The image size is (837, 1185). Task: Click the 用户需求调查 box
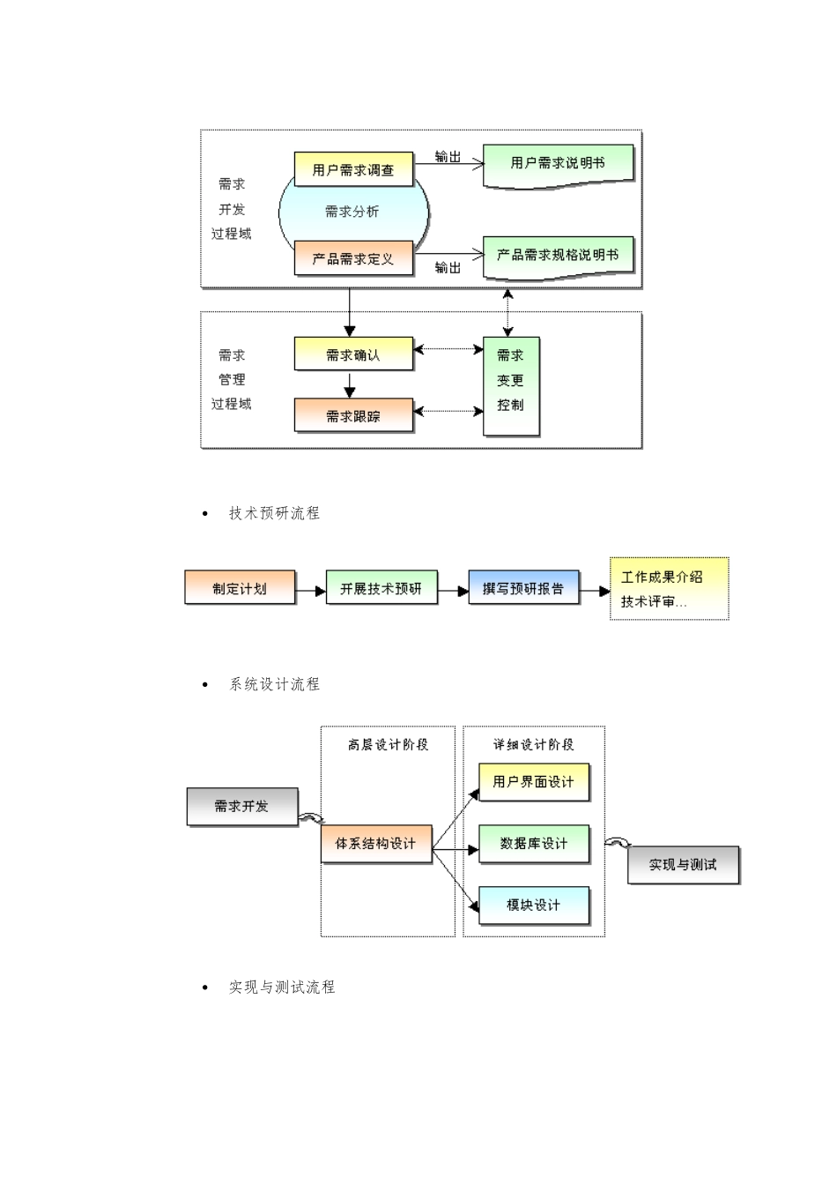coord(352,169)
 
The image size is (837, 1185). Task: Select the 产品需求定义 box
coord(352,258)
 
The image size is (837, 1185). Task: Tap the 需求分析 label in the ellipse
coord(352,212)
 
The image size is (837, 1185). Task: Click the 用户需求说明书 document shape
coord(558,164)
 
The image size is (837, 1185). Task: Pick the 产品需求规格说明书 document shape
coord(558,256)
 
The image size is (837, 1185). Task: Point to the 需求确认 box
coord(352,354)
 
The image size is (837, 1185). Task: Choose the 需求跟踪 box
coord(352,415)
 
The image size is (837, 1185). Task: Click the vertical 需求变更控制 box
coord(511,385)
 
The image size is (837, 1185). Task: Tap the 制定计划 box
coord(240,588)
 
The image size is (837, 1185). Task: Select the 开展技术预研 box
coord(381,588)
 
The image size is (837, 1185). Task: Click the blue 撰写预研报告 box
coord(523,588)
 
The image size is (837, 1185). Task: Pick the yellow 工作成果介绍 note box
coord(669,588)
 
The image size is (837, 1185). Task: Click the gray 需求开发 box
coord(242,807)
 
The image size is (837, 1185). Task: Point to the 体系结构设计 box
coord(376,844)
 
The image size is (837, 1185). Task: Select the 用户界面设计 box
coord(533,782)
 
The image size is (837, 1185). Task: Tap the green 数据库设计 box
coord(533,844)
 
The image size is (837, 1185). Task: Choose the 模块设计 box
coord(533,906)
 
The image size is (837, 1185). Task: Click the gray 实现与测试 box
coord(683,865)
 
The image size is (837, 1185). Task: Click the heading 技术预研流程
coord(274,513)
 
